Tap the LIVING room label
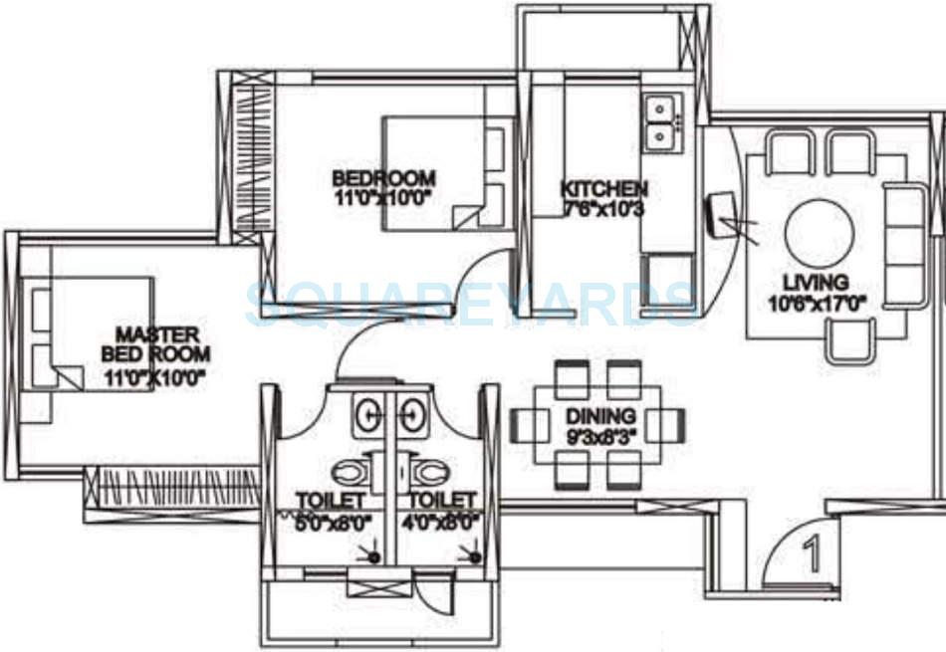click(x=815, y=283)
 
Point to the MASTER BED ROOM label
click(x=155, y=334)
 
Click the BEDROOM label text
click(x=383, y=178)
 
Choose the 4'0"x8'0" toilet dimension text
click(x=441, y=520)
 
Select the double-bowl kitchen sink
click(x=659, y=120)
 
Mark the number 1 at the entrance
click(x=812, y=556)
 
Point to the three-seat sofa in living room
click(x=902, y=244)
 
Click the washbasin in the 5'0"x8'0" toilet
click(x=367, y=413)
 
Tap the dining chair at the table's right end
click(x=667, y=425)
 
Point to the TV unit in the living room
click(x=719, y=213)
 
